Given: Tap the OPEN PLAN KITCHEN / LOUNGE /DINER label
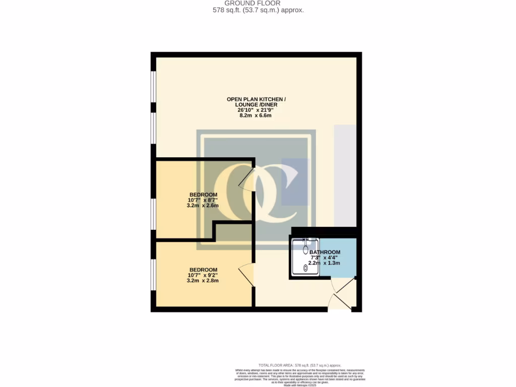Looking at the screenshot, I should pos(256,102).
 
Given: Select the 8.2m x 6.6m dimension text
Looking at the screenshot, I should pos(255,115).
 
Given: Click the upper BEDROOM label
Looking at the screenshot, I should pos(203,195).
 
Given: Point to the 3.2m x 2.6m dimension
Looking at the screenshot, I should pos(203,206).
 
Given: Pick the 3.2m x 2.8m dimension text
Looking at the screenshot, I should pos(203,281).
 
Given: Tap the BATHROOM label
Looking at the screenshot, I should pos(325,252).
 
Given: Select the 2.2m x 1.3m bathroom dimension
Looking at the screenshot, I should pos(325,263).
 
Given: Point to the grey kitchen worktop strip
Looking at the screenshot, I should pos(345,176).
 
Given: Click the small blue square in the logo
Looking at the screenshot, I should pos(294,182).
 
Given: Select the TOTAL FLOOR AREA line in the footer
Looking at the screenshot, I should pos(299,365).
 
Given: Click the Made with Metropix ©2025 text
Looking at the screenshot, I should pos(299,384).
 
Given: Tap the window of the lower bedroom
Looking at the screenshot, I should pos(153,275).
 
